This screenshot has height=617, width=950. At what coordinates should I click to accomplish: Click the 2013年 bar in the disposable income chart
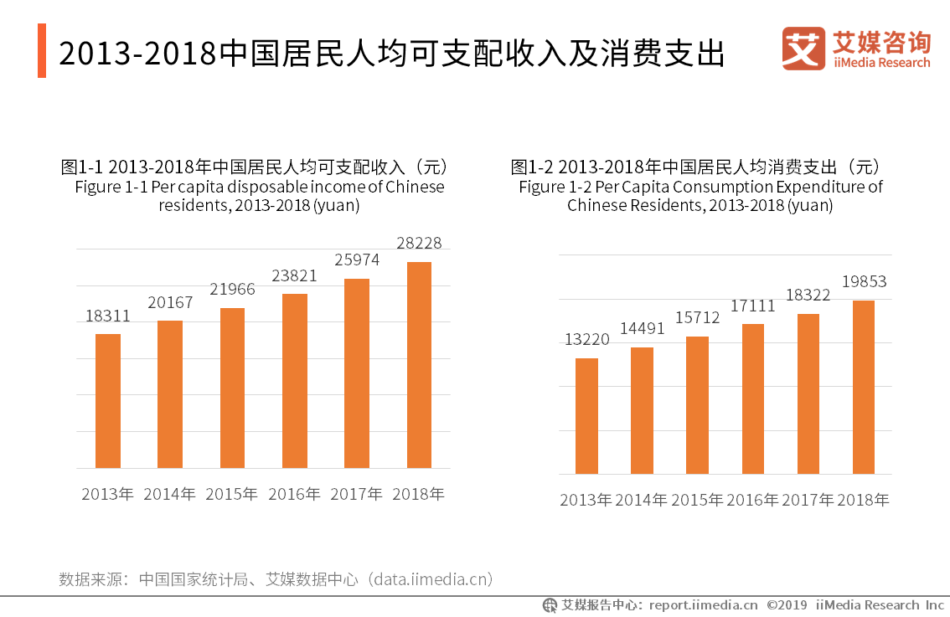(108, 401)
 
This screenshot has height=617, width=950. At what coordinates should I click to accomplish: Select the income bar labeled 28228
(419, 365)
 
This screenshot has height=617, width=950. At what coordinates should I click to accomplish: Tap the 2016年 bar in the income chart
(295, 381)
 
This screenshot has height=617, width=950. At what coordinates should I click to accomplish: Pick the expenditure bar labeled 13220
(586, 416)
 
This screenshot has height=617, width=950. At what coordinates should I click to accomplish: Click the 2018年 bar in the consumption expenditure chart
(863, 387)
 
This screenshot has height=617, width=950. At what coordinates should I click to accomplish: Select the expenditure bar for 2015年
(697, 405)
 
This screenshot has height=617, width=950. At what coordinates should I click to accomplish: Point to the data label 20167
(170, 302)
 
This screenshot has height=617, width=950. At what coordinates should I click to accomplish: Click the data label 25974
(357, 260)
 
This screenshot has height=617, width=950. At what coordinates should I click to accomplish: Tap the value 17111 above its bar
(752, 306)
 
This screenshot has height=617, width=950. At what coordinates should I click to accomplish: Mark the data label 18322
(808, 296)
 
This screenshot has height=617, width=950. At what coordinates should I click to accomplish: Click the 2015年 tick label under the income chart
(232, 494)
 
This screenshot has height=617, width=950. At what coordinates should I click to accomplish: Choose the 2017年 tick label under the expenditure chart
(808, 500)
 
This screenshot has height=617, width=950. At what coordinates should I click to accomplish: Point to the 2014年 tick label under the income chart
(170, 494)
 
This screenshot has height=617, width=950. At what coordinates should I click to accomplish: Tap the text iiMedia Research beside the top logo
(881, 63)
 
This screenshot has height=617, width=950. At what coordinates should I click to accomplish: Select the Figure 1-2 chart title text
(700, 186)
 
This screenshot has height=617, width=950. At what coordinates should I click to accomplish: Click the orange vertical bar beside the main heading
(42, 50)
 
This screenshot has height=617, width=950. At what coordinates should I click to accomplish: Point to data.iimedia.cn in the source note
(432, 578)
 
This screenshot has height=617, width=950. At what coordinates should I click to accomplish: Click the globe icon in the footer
(550, 604)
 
